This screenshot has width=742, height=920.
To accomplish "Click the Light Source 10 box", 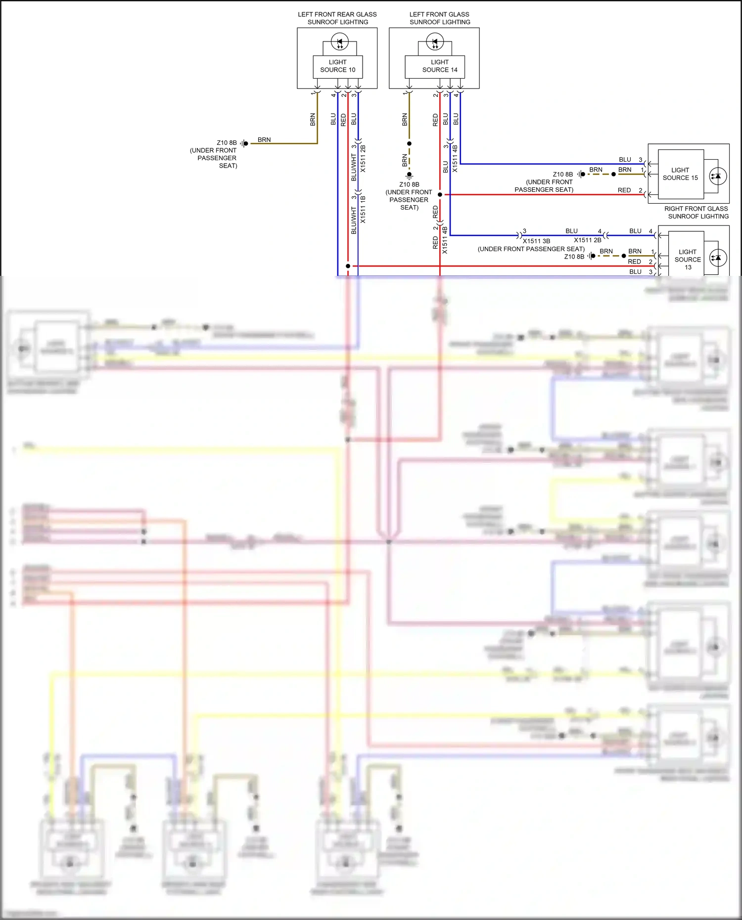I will (x=337, y=66).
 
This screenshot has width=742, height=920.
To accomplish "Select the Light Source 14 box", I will (x=439, y=66).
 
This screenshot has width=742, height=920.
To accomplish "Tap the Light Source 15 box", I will (x=680, y=174).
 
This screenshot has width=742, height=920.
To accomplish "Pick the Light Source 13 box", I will (x=688, y=259).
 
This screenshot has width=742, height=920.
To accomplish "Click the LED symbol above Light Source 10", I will (x=340, y=42).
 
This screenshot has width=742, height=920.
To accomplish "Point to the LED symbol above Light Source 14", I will (x=435, y=42).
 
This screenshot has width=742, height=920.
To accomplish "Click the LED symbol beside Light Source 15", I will (x=717, y=176).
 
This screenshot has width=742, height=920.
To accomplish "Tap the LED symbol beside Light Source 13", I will (x=718, y=258).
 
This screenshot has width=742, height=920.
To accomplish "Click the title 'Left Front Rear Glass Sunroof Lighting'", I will (x=337, y=18).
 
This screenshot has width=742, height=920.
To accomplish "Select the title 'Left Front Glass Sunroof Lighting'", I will (x=440, y=18).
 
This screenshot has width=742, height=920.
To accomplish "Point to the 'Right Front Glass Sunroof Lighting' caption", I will (x=696, y=213).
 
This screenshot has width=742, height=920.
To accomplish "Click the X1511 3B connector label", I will (x=537, y=241).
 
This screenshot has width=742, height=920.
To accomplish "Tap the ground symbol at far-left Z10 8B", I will (x=244, y=143).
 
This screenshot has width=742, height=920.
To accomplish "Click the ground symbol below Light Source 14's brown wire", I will (x=409, y=175).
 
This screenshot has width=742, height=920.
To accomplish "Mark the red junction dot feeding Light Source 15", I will (x=440, y=195).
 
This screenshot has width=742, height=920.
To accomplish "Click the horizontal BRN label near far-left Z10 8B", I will (x=264, y=140).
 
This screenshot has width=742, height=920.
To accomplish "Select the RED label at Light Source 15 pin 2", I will (x=624, y=190).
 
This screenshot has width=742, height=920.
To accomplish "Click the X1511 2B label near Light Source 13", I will (x=588, y=240).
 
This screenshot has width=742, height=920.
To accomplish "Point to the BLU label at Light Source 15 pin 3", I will (x=625, y=160).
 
